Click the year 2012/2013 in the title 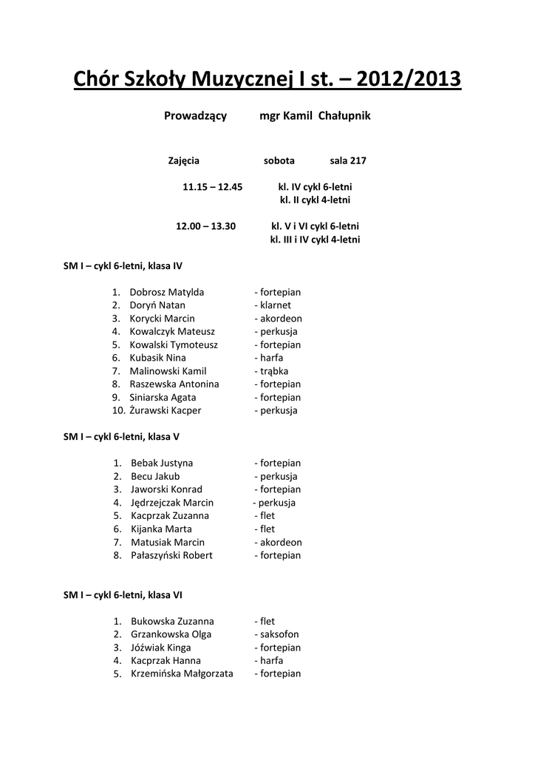click(x=409, y=78)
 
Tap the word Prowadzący click(x=195, y=116)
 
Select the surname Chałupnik click(x=344, y=116)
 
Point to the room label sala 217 click(x=348, y=160)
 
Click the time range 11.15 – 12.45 click(x=213, y=187)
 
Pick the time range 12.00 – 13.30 click(x=205, y=226)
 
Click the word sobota click(x=279, y=160)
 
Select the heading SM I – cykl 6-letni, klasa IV click(x=123, y=265)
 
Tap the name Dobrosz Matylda click(x=167, y=292)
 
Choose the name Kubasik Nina click(x=157, y=358)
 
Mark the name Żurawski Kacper click(x=166, y=410)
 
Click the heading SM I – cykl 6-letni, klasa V click(x=121, y=436)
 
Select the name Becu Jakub click(x=155, y=476)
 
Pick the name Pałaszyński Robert click(x=171, y=555)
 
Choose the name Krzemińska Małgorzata click(x=182, y=673)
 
